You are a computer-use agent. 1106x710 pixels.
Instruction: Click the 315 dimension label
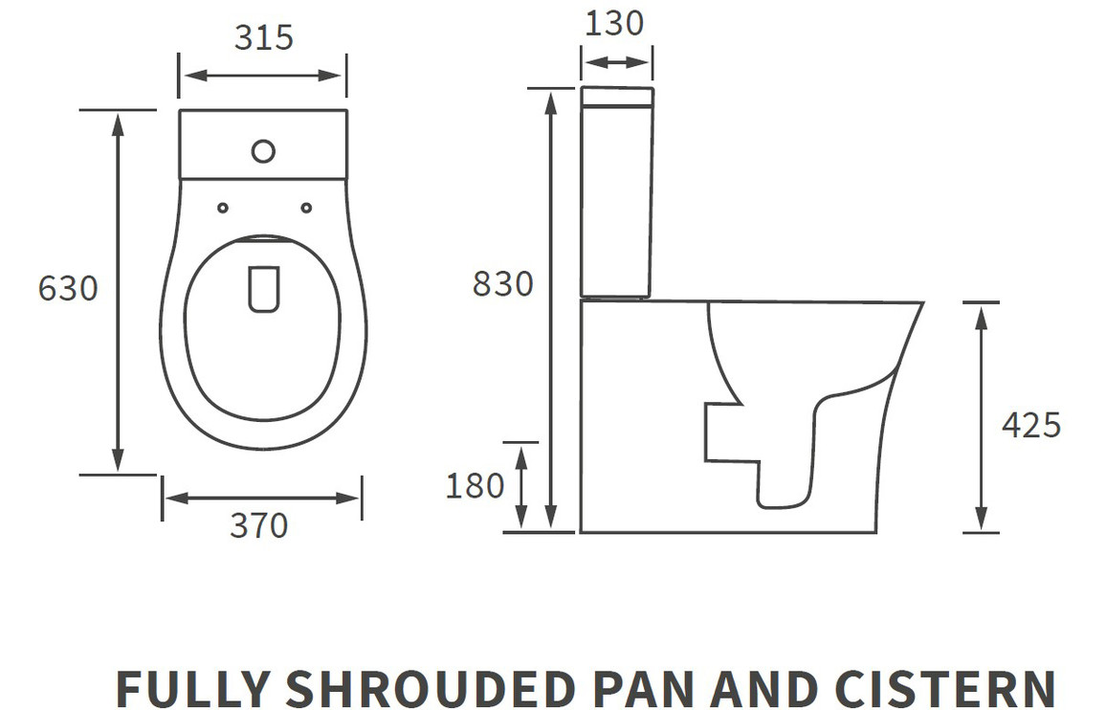click(263, 38)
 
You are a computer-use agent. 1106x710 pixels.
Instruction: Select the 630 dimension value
click(68, 289)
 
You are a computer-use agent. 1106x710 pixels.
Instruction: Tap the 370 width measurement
click(259, 525)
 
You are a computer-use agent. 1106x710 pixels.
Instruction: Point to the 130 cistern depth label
click(614, 23)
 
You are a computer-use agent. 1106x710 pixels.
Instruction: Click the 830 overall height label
click(503, 284)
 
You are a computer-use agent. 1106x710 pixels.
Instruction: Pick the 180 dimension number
click(475, 486)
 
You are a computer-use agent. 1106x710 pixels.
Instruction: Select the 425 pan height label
click(1031, 426)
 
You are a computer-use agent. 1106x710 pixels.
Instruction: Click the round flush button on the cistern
click(263, 151)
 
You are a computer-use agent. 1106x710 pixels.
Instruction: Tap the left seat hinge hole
click(223, 208)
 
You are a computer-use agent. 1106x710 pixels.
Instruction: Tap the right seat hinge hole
click(306, 208)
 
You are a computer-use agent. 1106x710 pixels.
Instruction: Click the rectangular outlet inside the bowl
click(264, 289)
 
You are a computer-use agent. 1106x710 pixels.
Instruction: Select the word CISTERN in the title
click(944, 688)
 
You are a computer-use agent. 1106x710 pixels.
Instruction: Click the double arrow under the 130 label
click(616, 63)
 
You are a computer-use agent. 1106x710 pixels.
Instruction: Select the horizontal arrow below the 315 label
click(262, 76)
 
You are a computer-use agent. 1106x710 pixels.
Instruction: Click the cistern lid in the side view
click(617, 97)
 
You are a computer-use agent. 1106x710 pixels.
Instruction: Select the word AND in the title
click(764, 688)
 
